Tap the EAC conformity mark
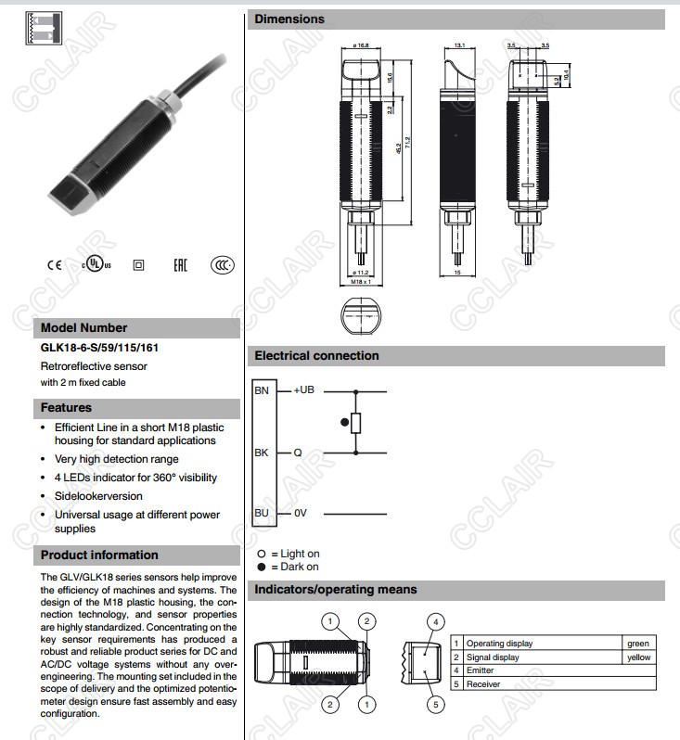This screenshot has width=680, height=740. pyautogui.click(x=180, y=264)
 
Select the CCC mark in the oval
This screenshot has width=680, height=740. pyautogui.click(x=221, y=264)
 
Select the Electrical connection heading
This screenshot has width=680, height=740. pyautogui.click(x=316, y=355)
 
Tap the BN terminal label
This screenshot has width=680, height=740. pyautogui.click(x=262, y=390)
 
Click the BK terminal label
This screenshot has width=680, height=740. pyautogui.click(x=262, y=453)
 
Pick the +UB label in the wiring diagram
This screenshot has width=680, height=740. pyautogui.click(x=305, y=390)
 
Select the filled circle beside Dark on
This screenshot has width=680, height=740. pyautogui.click(x=262, y=567)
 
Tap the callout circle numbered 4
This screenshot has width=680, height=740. pyautogui.click(x=435, y=621)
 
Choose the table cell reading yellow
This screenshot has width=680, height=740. pyautogui.click(x=639, y=657)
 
